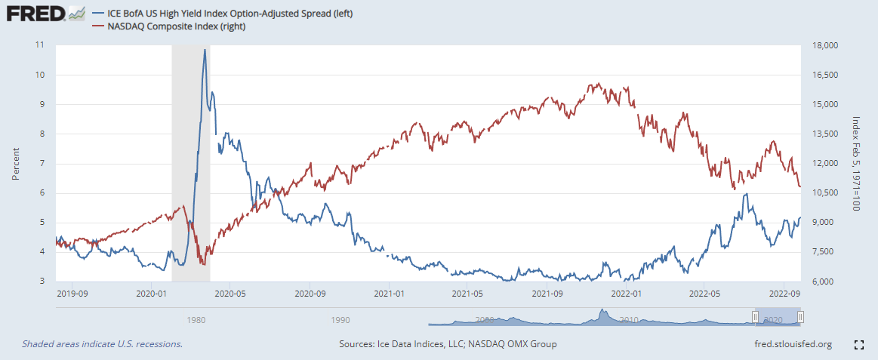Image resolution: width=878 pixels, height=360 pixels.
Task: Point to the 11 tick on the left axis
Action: pos(40,45)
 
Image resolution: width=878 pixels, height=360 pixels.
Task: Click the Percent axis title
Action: pos(16,163)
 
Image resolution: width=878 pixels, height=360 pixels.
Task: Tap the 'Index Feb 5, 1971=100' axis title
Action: pos(856,163)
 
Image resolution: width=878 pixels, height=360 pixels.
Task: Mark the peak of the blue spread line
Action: pos(204,50)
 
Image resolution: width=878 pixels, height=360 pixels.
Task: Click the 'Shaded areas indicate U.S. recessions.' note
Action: pos(102,344)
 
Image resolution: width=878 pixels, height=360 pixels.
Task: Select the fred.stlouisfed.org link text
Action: pos(787,344)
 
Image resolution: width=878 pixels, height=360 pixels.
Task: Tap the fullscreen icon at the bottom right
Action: pos(858,345)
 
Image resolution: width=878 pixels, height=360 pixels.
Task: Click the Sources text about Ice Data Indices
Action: pos(448,344)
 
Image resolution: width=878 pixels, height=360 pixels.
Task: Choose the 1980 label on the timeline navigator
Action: pos(196,320)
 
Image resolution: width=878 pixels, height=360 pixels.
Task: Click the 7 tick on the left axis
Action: pos(40,163)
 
